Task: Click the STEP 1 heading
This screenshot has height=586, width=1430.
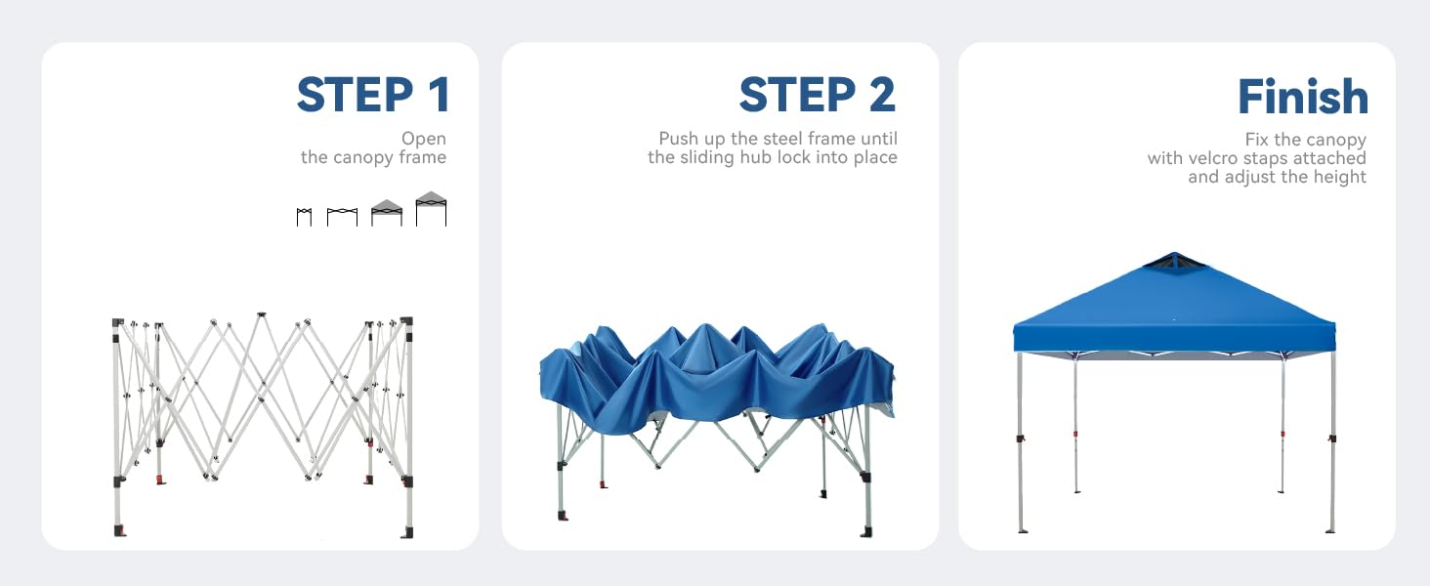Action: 373,95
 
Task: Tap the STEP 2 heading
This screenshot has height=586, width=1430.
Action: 818,95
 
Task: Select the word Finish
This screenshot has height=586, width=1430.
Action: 1303,97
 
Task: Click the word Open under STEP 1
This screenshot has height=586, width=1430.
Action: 424,139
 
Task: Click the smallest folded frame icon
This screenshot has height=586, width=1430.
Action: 304,217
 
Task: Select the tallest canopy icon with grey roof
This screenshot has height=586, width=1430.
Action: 431,208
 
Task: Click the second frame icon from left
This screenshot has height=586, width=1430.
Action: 342,217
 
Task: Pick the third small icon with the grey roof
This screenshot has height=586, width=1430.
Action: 387,213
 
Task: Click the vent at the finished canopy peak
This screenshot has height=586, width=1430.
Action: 1175,261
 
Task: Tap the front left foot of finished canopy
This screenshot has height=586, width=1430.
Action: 1023,529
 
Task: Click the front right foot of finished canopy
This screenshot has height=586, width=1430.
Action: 1330,529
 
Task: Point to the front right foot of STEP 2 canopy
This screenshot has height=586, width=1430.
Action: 866,531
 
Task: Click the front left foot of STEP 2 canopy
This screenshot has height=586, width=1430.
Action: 563,515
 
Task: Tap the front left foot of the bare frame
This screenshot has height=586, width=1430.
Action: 119,530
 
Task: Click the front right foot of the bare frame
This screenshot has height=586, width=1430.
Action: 407,531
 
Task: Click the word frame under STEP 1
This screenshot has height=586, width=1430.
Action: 423,157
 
